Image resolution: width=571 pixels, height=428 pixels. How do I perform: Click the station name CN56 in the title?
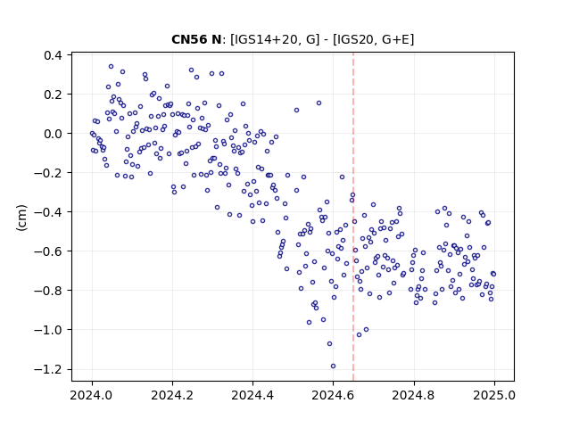190,39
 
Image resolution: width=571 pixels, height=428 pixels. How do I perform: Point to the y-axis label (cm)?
21,218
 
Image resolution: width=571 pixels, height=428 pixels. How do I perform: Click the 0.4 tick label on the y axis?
53,55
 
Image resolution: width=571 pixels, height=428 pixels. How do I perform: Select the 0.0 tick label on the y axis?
53,134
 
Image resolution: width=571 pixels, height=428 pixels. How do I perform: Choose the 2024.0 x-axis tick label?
92,395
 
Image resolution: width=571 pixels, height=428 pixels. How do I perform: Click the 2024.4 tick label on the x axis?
252,395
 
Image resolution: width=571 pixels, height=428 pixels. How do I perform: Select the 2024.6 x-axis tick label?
333,395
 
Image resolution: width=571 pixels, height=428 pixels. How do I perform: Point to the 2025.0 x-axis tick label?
494,395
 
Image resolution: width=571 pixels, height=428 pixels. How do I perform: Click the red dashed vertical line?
353,217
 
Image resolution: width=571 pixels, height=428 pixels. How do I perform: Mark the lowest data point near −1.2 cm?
333,366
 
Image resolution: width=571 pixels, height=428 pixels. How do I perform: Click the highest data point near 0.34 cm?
111,67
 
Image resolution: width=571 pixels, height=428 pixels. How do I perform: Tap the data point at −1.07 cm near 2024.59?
329,344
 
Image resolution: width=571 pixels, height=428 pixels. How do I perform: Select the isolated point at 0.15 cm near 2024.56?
319,103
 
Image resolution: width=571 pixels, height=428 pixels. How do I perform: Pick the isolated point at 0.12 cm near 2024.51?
297,111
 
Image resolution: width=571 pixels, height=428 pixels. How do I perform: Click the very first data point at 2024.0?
92,134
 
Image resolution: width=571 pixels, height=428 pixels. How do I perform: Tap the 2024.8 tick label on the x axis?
414,395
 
